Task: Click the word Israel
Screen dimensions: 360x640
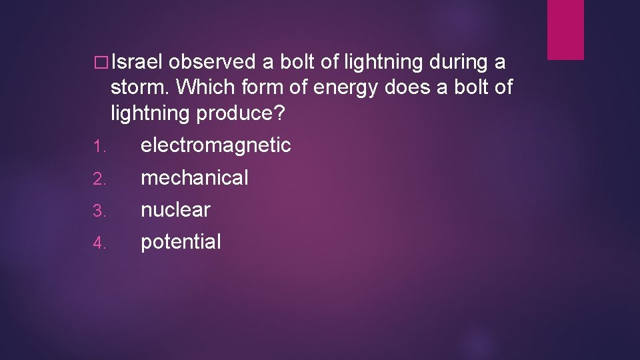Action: click(137, 63)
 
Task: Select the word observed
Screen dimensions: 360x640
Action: click(211, 63)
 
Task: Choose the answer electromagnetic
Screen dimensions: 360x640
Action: click(215, 145)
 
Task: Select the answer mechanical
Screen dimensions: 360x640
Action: click(194, 178)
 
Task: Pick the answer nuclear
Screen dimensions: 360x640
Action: click(175, 210)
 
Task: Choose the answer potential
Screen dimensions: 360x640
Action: click(180, 242)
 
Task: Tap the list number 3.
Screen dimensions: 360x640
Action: click(98, 212)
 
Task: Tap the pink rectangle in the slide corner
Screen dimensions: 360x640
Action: click(565, 29)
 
